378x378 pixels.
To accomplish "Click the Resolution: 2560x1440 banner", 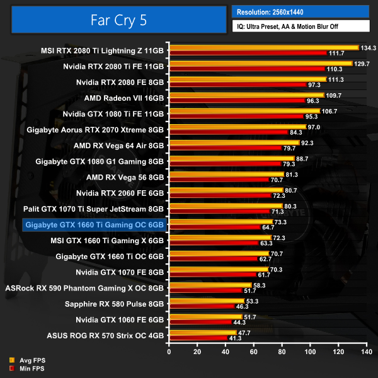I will point(300,12).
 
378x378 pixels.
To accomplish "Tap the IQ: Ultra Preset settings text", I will point(300,26).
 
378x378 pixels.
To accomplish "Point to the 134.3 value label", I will point(368,47).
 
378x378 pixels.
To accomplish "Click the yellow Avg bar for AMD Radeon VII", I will point(246,95).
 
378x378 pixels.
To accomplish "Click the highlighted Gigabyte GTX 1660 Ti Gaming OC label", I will point(93,224).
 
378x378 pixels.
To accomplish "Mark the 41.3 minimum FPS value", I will point(236,338).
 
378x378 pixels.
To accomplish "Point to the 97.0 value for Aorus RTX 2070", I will point(314,127).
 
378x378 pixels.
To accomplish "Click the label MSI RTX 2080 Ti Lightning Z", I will point(103,50).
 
